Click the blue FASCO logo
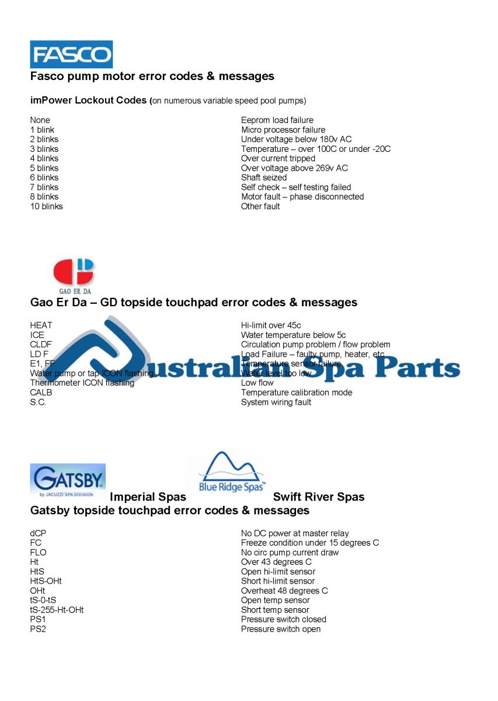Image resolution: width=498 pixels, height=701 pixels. click(71, 54)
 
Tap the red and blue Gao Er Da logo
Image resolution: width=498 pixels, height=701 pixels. click(74, 275)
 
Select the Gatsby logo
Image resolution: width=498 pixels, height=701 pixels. click(68, 480)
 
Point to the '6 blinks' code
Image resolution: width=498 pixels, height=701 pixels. click(44, 178)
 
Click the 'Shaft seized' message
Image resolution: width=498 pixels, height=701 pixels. click(264, 178)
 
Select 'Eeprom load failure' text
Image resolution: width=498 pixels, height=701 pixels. click(277, 120)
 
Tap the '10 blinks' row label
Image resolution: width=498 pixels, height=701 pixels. click(47, 206)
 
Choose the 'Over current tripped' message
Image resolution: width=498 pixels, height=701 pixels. click(278, 158)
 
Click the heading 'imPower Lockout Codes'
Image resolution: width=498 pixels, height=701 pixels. click(88, 100)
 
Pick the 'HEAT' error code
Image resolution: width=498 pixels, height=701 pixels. click(41, 325)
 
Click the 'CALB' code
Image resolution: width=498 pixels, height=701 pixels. click(41, 393)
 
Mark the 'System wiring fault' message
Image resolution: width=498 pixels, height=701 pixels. click(276, 402)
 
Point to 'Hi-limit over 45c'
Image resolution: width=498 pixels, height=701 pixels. click(271, 325)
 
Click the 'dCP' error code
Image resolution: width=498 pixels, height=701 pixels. click(38, 533)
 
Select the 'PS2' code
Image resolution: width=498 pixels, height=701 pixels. click(37, 629)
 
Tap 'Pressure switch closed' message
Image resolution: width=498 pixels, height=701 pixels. click(284, 619)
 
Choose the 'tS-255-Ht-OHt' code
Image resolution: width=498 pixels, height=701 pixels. click(57, 610)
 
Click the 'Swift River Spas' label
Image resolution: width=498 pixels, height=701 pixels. click(319, 497)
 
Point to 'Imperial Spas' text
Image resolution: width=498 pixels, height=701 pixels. click(148, 497)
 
